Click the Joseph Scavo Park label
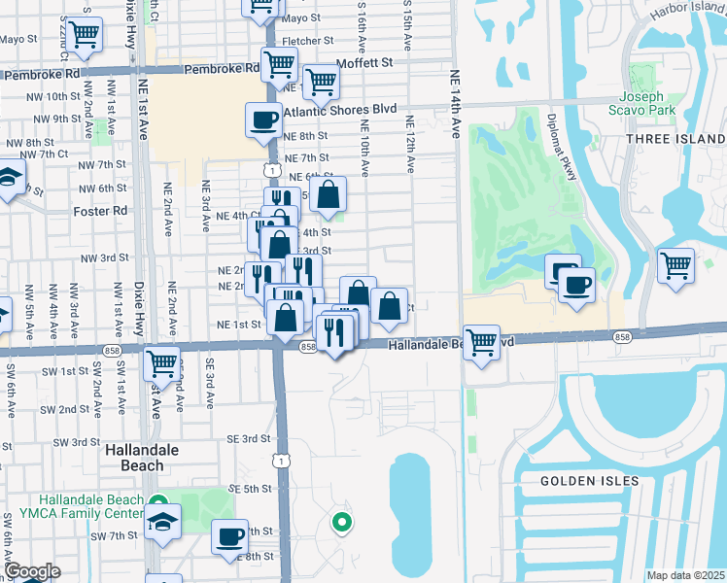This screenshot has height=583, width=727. tap(641, 104)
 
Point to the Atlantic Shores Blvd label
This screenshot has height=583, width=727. tap(340, 110)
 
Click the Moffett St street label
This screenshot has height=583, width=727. tap(364, 62)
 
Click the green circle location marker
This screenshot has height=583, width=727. tap(341, 524)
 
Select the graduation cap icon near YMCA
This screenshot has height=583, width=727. tap(163, 521)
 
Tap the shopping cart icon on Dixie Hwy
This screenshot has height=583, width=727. tap(162, 363)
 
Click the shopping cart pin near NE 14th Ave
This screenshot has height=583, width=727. tap(481, 342)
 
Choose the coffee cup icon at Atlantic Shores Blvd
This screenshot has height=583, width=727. tap(263, 120)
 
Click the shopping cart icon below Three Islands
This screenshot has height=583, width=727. tap(675, 265)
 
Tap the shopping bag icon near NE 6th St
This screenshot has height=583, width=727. tap(329, 193)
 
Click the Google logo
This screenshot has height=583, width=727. tap(32, 571)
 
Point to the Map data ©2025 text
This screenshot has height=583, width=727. tap(685, 575)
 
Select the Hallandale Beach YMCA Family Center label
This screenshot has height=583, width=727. tap(73, 505)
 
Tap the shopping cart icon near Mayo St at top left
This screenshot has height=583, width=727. tap(85, 34)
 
